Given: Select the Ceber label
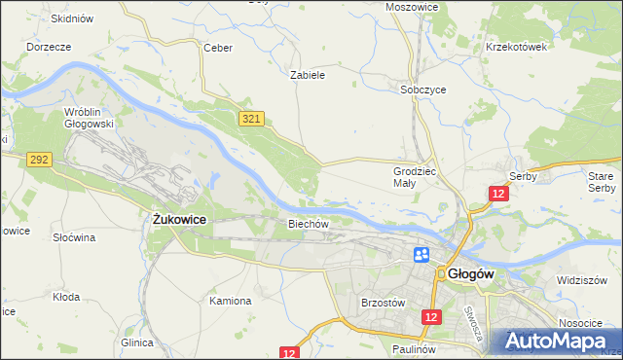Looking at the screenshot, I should click(216, 47).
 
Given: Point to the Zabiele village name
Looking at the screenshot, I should click(308, 74).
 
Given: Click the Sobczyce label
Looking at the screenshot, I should click(423, 89).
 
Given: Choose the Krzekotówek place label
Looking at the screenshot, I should click(518, 46).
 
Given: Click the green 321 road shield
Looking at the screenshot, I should click(251, 118).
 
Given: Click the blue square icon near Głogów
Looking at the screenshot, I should click(422, 255).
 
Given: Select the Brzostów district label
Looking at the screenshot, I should click(382, 303).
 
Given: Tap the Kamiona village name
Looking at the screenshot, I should click(231, 301).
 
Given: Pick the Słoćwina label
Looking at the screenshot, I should click(74, 236).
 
